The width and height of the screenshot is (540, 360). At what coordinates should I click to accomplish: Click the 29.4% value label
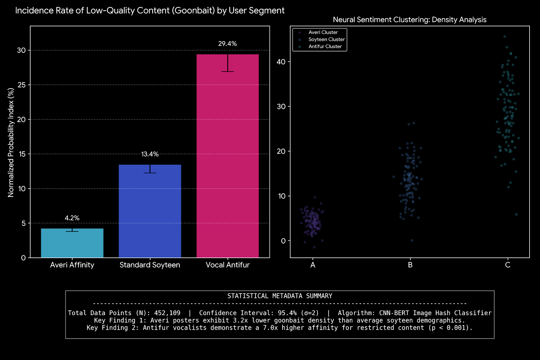pos(227,44)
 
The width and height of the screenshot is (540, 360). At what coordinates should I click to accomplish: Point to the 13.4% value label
pos(150,154)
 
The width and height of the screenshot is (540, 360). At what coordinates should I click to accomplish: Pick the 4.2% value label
pos(72,218)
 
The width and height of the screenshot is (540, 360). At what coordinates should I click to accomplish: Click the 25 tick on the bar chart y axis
pos(22,85)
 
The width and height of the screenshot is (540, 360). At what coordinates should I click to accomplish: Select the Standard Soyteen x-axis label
pos(150,265)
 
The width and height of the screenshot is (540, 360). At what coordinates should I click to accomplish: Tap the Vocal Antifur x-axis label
pos(227,265)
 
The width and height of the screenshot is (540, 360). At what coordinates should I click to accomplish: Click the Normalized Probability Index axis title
pos(11,142)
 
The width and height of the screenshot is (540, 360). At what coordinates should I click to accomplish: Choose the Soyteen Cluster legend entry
pos(326,39)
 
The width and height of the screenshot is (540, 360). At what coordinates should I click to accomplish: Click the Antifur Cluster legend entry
pos(325,47)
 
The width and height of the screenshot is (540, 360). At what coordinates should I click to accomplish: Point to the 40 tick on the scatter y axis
pos(281,62)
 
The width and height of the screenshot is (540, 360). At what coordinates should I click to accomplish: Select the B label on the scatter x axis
pos(410,265)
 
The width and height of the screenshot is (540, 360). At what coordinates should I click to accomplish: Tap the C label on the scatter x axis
pos(508,265)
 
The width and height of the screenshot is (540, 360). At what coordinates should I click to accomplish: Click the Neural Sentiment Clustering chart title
pos(409,20)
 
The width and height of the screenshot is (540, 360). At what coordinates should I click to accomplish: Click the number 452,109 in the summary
pos(167,313)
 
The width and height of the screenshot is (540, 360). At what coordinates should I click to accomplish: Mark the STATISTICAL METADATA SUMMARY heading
pos(280,296)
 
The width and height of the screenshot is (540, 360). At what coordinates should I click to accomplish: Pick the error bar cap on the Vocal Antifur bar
pos(228,72)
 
